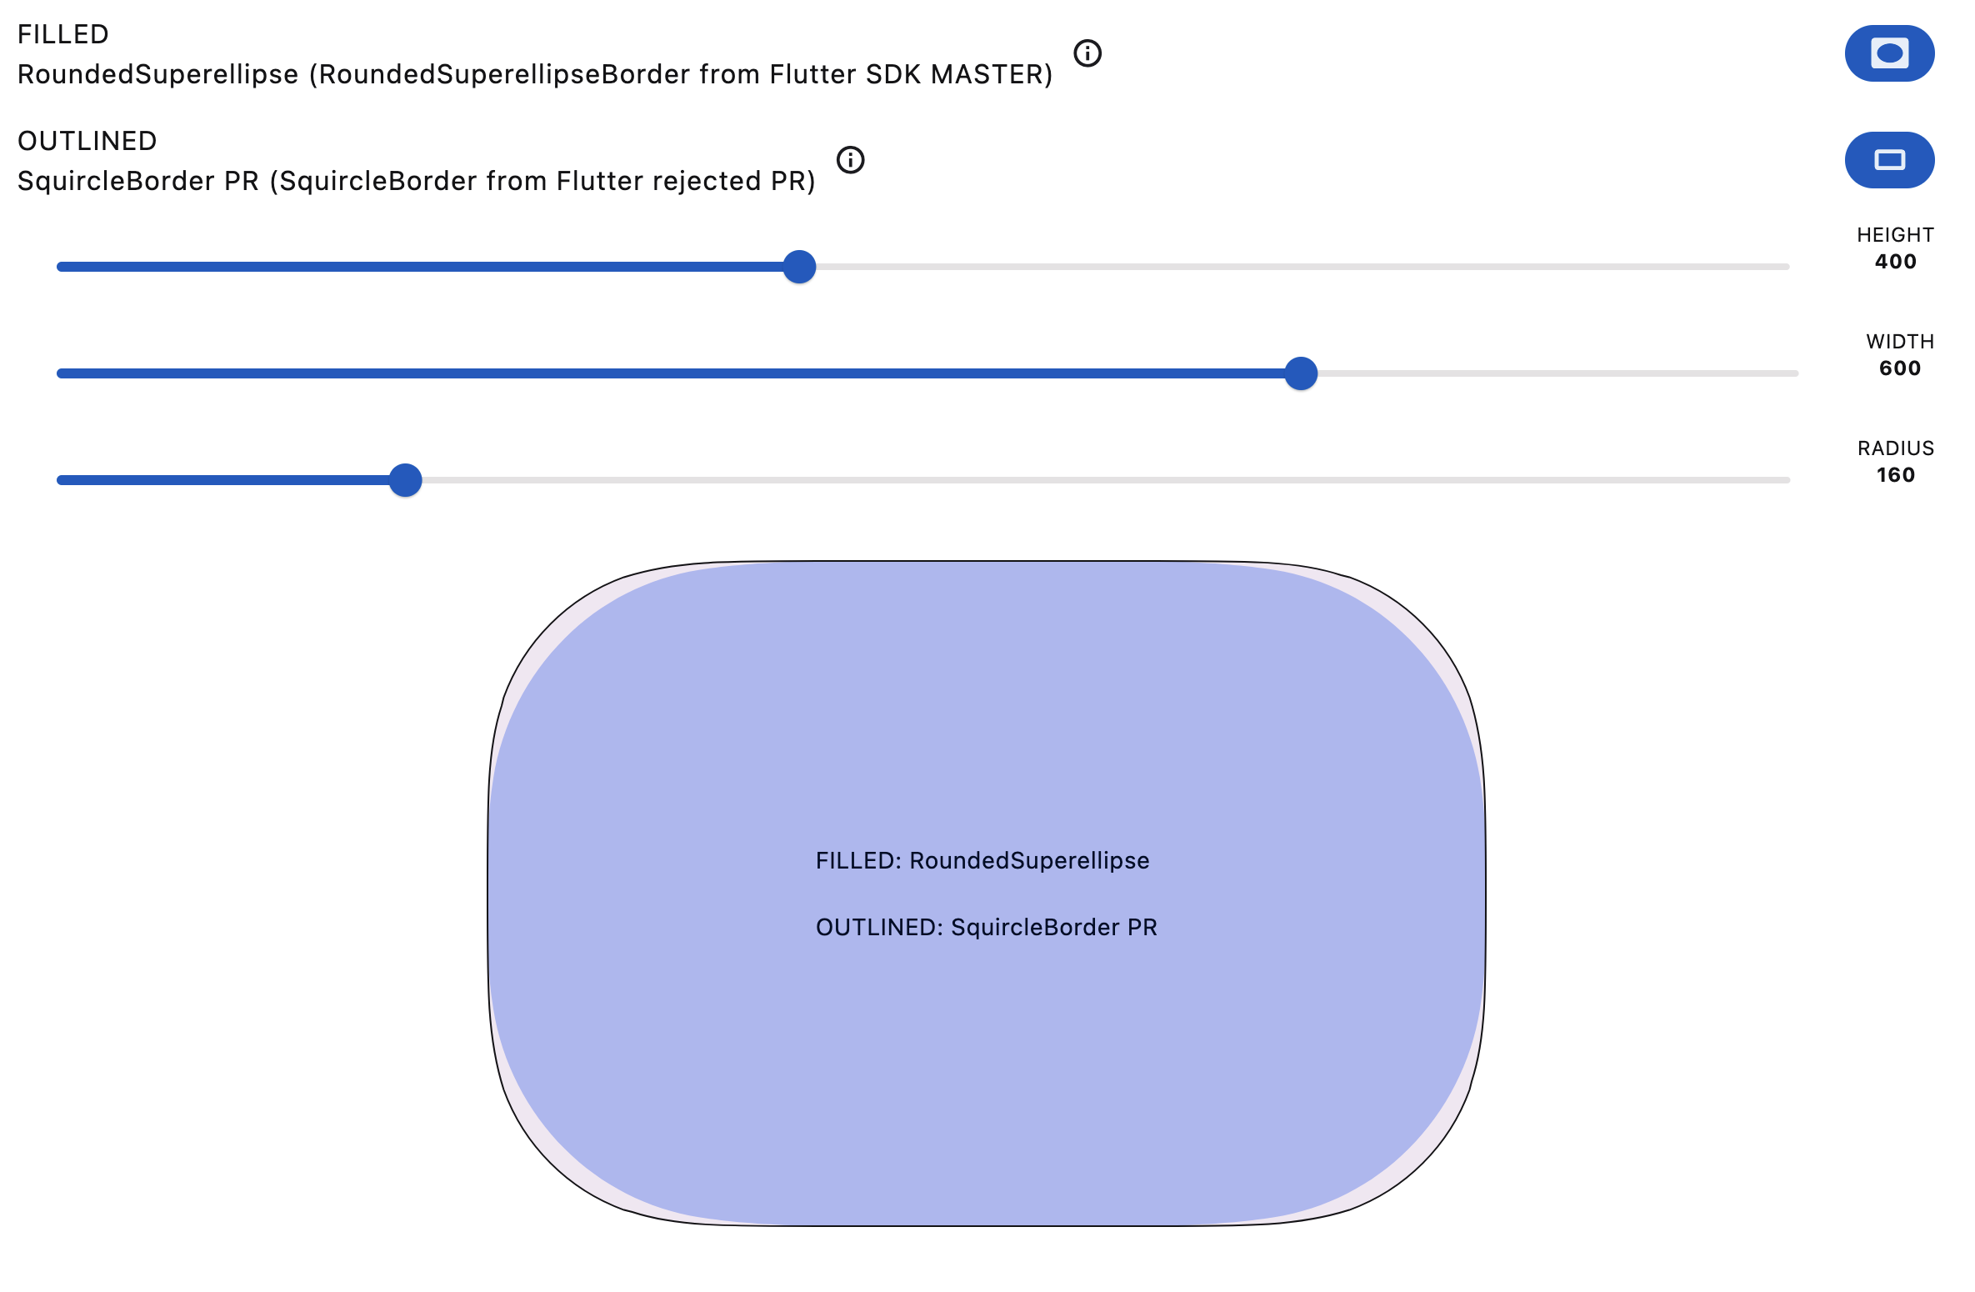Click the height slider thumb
pyautogui.click(x=799, y=267)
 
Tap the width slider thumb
pyautogui.click(x=1300, y=373)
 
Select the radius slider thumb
pyautogui.click(x=406, y=480)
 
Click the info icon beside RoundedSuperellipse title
pyautogui.click(x=1087, y=53)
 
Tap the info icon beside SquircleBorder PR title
pyautogui.click(x=850, y=160)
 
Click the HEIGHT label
pyautogui.click(x=1895, y=235)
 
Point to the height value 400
pyautogui.click(x=1895, y=262)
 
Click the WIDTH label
pyautogui.click(x=1899, y=342)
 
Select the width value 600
pyautogui.click(x=1899, y=368)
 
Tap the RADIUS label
pyautogui.click(x=1895, y=448)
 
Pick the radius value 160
pyautogui.click(x=1895, y=475)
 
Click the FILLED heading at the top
pyautogui.click(x=63, y=34)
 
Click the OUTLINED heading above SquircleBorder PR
pyautogui.click(x=87, y=141)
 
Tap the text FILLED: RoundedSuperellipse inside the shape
pyautogui.click(x=982, y=860)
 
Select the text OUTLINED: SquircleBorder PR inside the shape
pyautogui.click(x=986, y=927)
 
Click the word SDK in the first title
pyautogui.click(x=893, y=75)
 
